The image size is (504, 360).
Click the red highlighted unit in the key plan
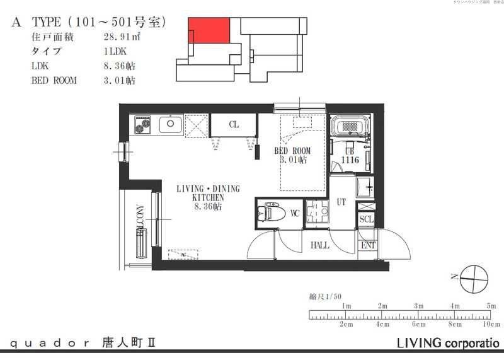coord(209,31)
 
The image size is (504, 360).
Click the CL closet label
coord(234,125)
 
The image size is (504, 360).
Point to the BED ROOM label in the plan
coord(292,151)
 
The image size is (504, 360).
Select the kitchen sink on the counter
coord(170,124)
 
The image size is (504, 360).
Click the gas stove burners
coord(142,125)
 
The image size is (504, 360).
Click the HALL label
coord(319,245)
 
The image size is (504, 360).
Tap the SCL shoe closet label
coord(365,219)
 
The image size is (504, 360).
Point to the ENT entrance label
coord(367,245)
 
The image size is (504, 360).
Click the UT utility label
coord(342,202)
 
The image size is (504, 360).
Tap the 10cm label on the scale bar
coord(491,324)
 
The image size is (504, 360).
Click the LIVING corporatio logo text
coord(447,344)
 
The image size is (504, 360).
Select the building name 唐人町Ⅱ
coord(129,344)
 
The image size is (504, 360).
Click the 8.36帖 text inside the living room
coord(207,206)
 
